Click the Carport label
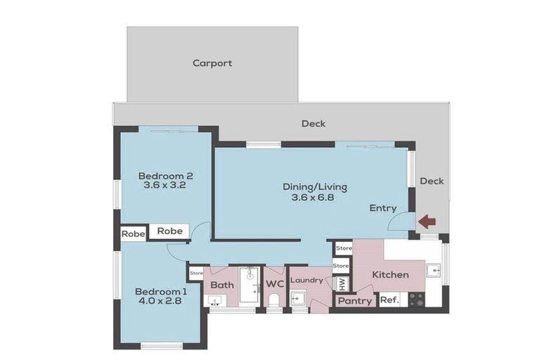tap(212, 63)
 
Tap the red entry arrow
tap(427, 221)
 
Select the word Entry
tap(383, 208)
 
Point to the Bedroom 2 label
tap(165, 176)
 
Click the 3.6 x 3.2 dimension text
tap(165, 186)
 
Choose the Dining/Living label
tap(314, 187)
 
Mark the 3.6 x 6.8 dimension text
tap(314, 198)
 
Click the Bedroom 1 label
tap(161, 292)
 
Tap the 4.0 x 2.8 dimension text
tap(161, 302)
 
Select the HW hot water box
tap(342, 283)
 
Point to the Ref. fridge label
tap(389, 300)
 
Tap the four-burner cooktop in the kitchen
tap(416, 300)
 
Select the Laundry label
tap(307, 281)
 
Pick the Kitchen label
tap(390, 274)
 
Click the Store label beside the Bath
tap(196, 272)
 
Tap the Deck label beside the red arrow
tap(431, 181)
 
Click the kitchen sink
tap(435, 271)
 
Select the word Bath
tap(221, 285)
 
